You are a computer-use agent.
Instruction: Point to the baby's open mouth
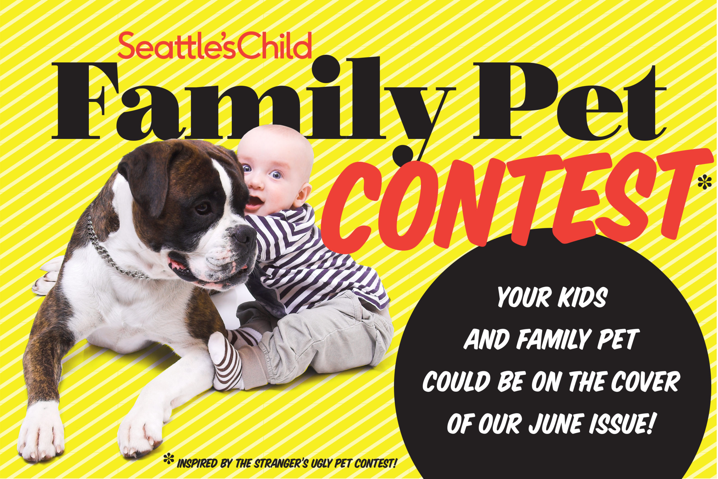[x=254, y=202]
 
